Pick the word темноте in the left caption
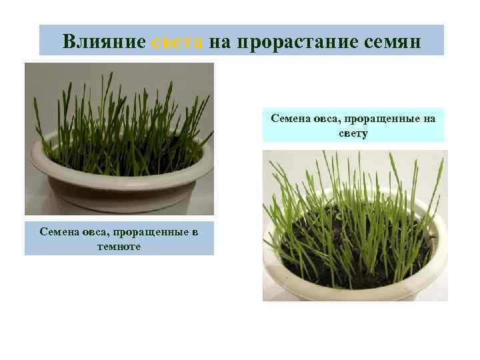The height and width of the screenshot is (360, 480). pyautogui.click(x=119, y=247)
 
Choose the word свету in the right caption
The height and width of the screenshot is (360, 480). pyautogui.click(x=353, y=133)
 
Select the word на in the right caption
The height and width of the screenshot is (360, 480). pyautogui.click(x=428, y=119)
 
